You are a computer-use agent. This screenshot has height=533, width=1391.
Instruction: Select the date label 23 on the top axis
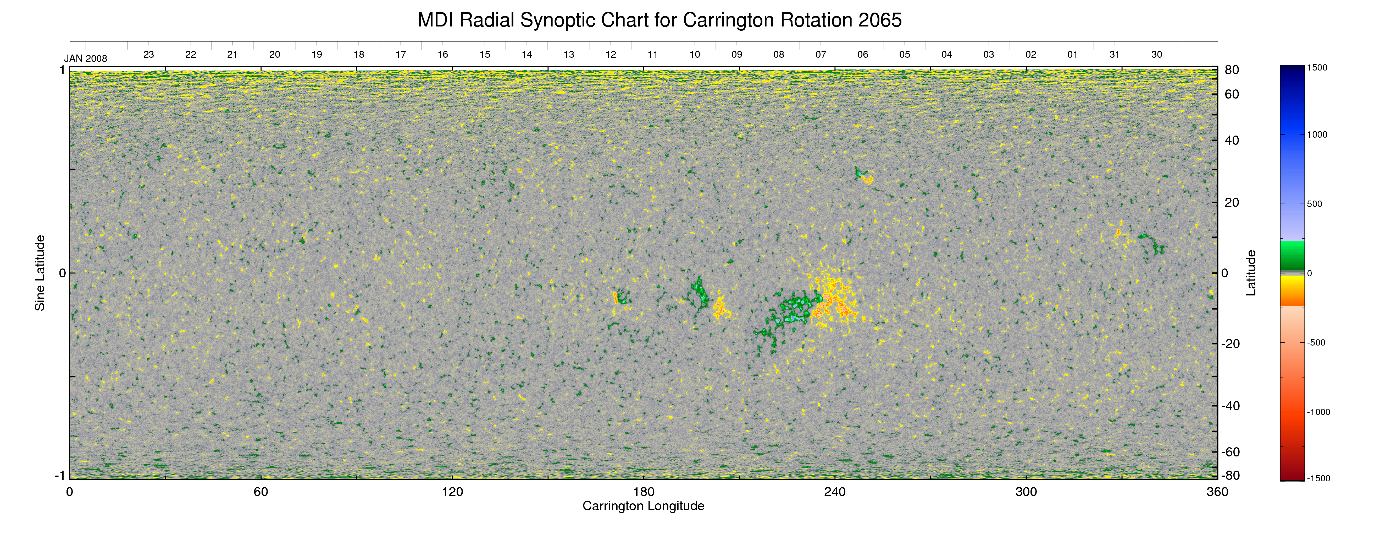[x=148, y=55]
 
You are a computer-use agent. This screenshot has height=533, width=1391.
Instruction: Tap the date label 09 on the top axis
[x=736, y=55]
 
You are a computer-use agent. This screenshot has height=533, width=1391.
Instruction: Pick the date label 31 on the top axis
[x=1115, y=55]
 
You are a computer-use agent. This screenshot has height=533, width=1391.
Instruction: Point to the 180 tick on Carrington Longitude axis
[x=644, y=492]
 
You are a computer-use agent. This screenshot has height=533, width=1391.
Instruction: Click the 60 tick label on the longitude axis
[x=261, y=492]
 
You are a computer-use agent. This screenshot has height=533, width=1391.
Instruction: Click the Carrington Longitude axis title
[x=643, y=506]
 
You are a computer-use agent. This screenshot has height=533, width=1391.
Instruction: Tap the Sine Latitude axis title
[x=40, y=273]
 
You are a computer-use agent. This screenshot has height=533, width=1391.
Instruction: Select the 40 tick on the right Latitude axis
[x=1232, y=141]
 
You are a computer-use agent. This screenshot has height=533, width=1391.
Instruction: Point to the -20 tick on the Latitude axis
[x=1230, y=344]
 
